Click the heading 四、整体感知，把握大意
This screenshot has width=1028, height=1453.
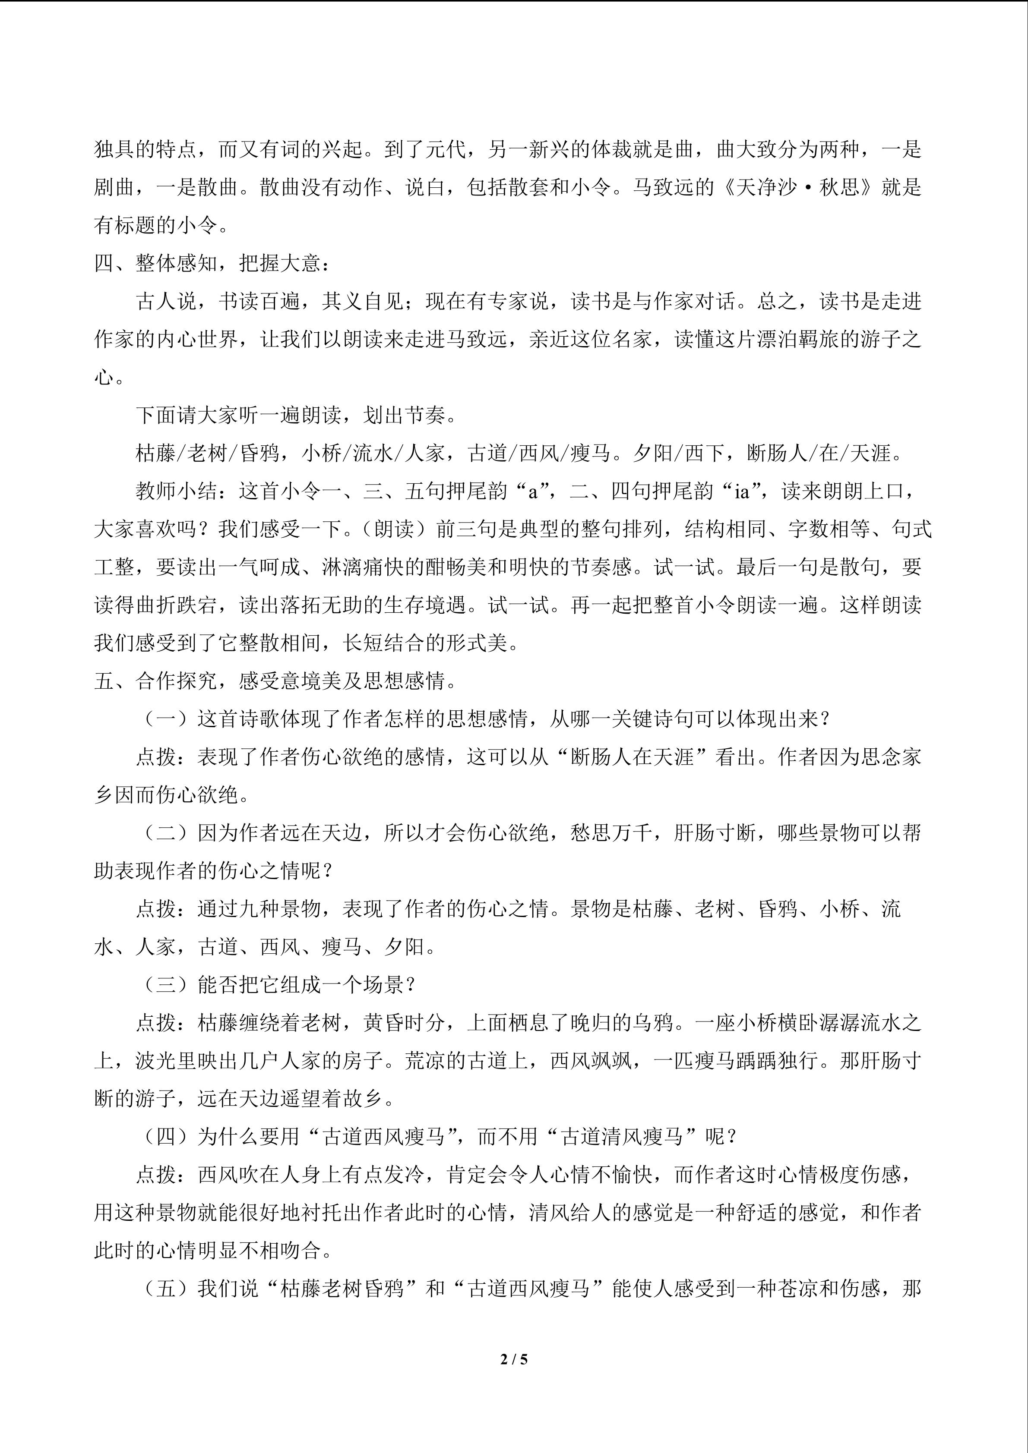tap(211, 263)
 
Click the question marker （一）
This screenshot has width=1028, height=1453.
tap(166, 719)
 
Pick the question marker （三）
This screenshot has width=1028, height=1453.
tap(166, 985)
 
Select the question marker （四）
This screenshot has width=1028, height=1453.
tap(166, 1137)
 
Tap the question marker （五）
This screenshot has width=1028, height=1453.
tap(166, 1289)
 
